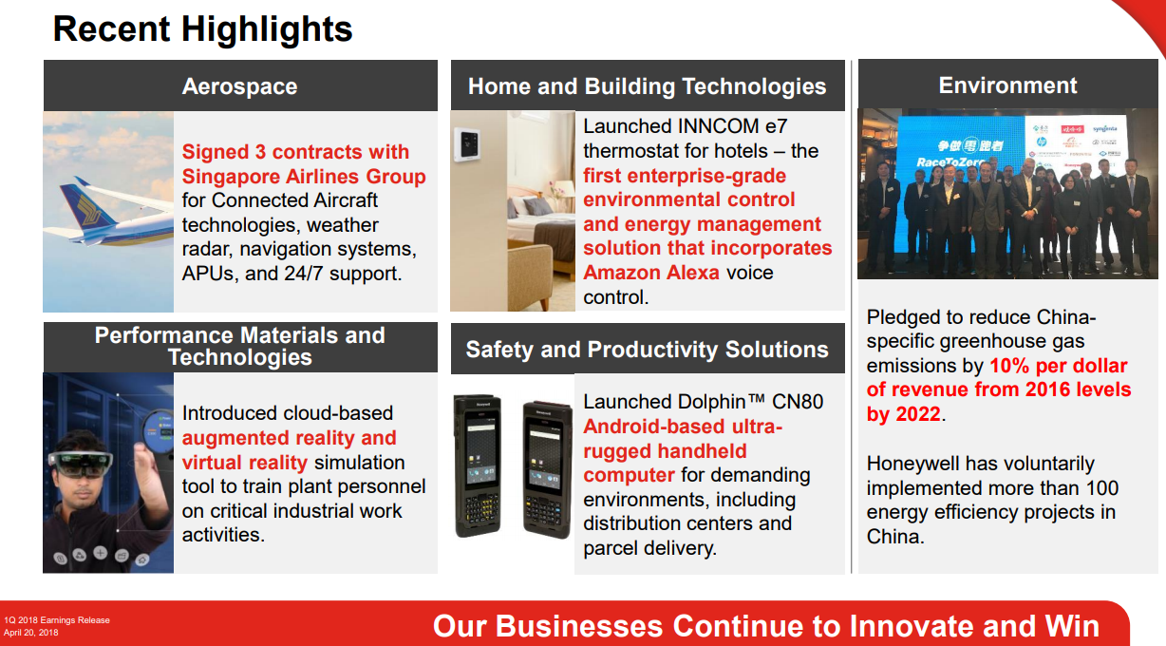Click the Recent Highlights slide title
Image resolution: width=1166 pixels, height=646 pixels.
tap(202, 28)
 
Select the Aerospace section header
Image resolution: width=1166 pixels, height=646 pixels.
tap(239, 86)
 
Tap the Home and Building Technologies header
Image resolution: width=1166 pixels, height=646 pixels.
tap(647, 86)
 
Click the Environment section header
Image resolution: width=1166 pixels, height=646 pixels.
tap(1007, 85)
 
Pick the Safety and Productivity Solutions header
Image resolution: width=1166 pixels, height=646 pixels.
tap(647, 349)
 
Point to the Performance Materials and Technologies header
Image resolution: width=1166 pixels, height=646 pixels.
tap(239, 347)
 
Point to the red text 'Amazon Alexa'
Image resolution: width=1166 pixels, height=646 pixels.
tap(652, 273)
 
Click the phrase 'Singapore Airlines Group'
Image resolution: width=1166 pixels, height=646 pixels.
tap(304, 177)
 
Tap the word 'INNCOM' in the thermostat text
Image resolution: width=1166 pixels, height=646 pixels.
tap(701, 126)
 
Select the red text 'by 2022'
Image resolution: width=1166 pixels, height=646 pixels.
tap(903, 414)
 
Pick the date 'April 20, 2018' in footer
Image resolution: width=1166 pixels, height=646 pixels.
tap(31, 633)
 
